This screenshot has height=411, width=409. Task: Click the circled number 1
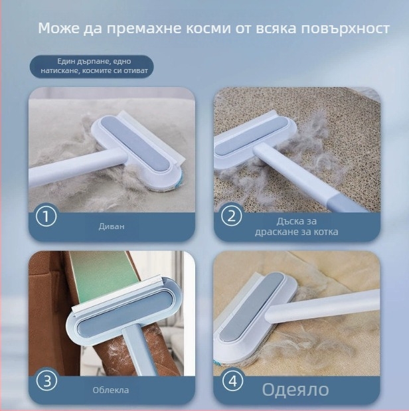[46, 216]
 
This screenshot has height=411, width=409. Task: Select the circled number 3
[46, 381]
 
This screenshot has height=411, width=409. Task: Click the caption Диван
[111, 226]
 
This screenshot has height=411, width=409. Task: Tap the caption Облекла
[111, 390]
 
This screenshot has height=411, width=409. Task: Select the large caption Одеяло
[295, 389]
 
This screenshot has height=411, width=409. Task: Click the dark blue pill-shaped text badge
[91, 66]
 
